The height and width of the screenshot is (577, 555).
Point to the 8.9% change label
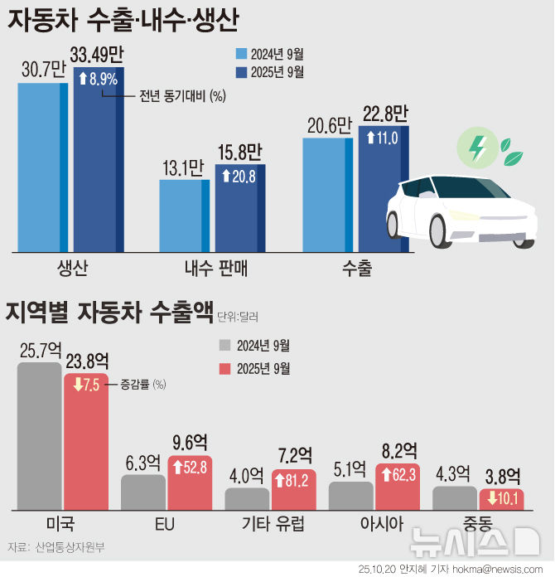coord(99,80)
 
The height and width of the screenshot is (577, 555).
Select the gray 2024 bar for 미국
coord(39,435)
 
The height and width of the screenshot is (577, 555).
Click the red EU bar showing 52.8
coord(190,482)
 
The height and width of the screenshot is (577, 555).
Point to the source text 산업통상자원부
coord(70,547)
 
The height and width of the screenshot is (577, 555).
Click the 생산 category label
coord(72,269)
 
